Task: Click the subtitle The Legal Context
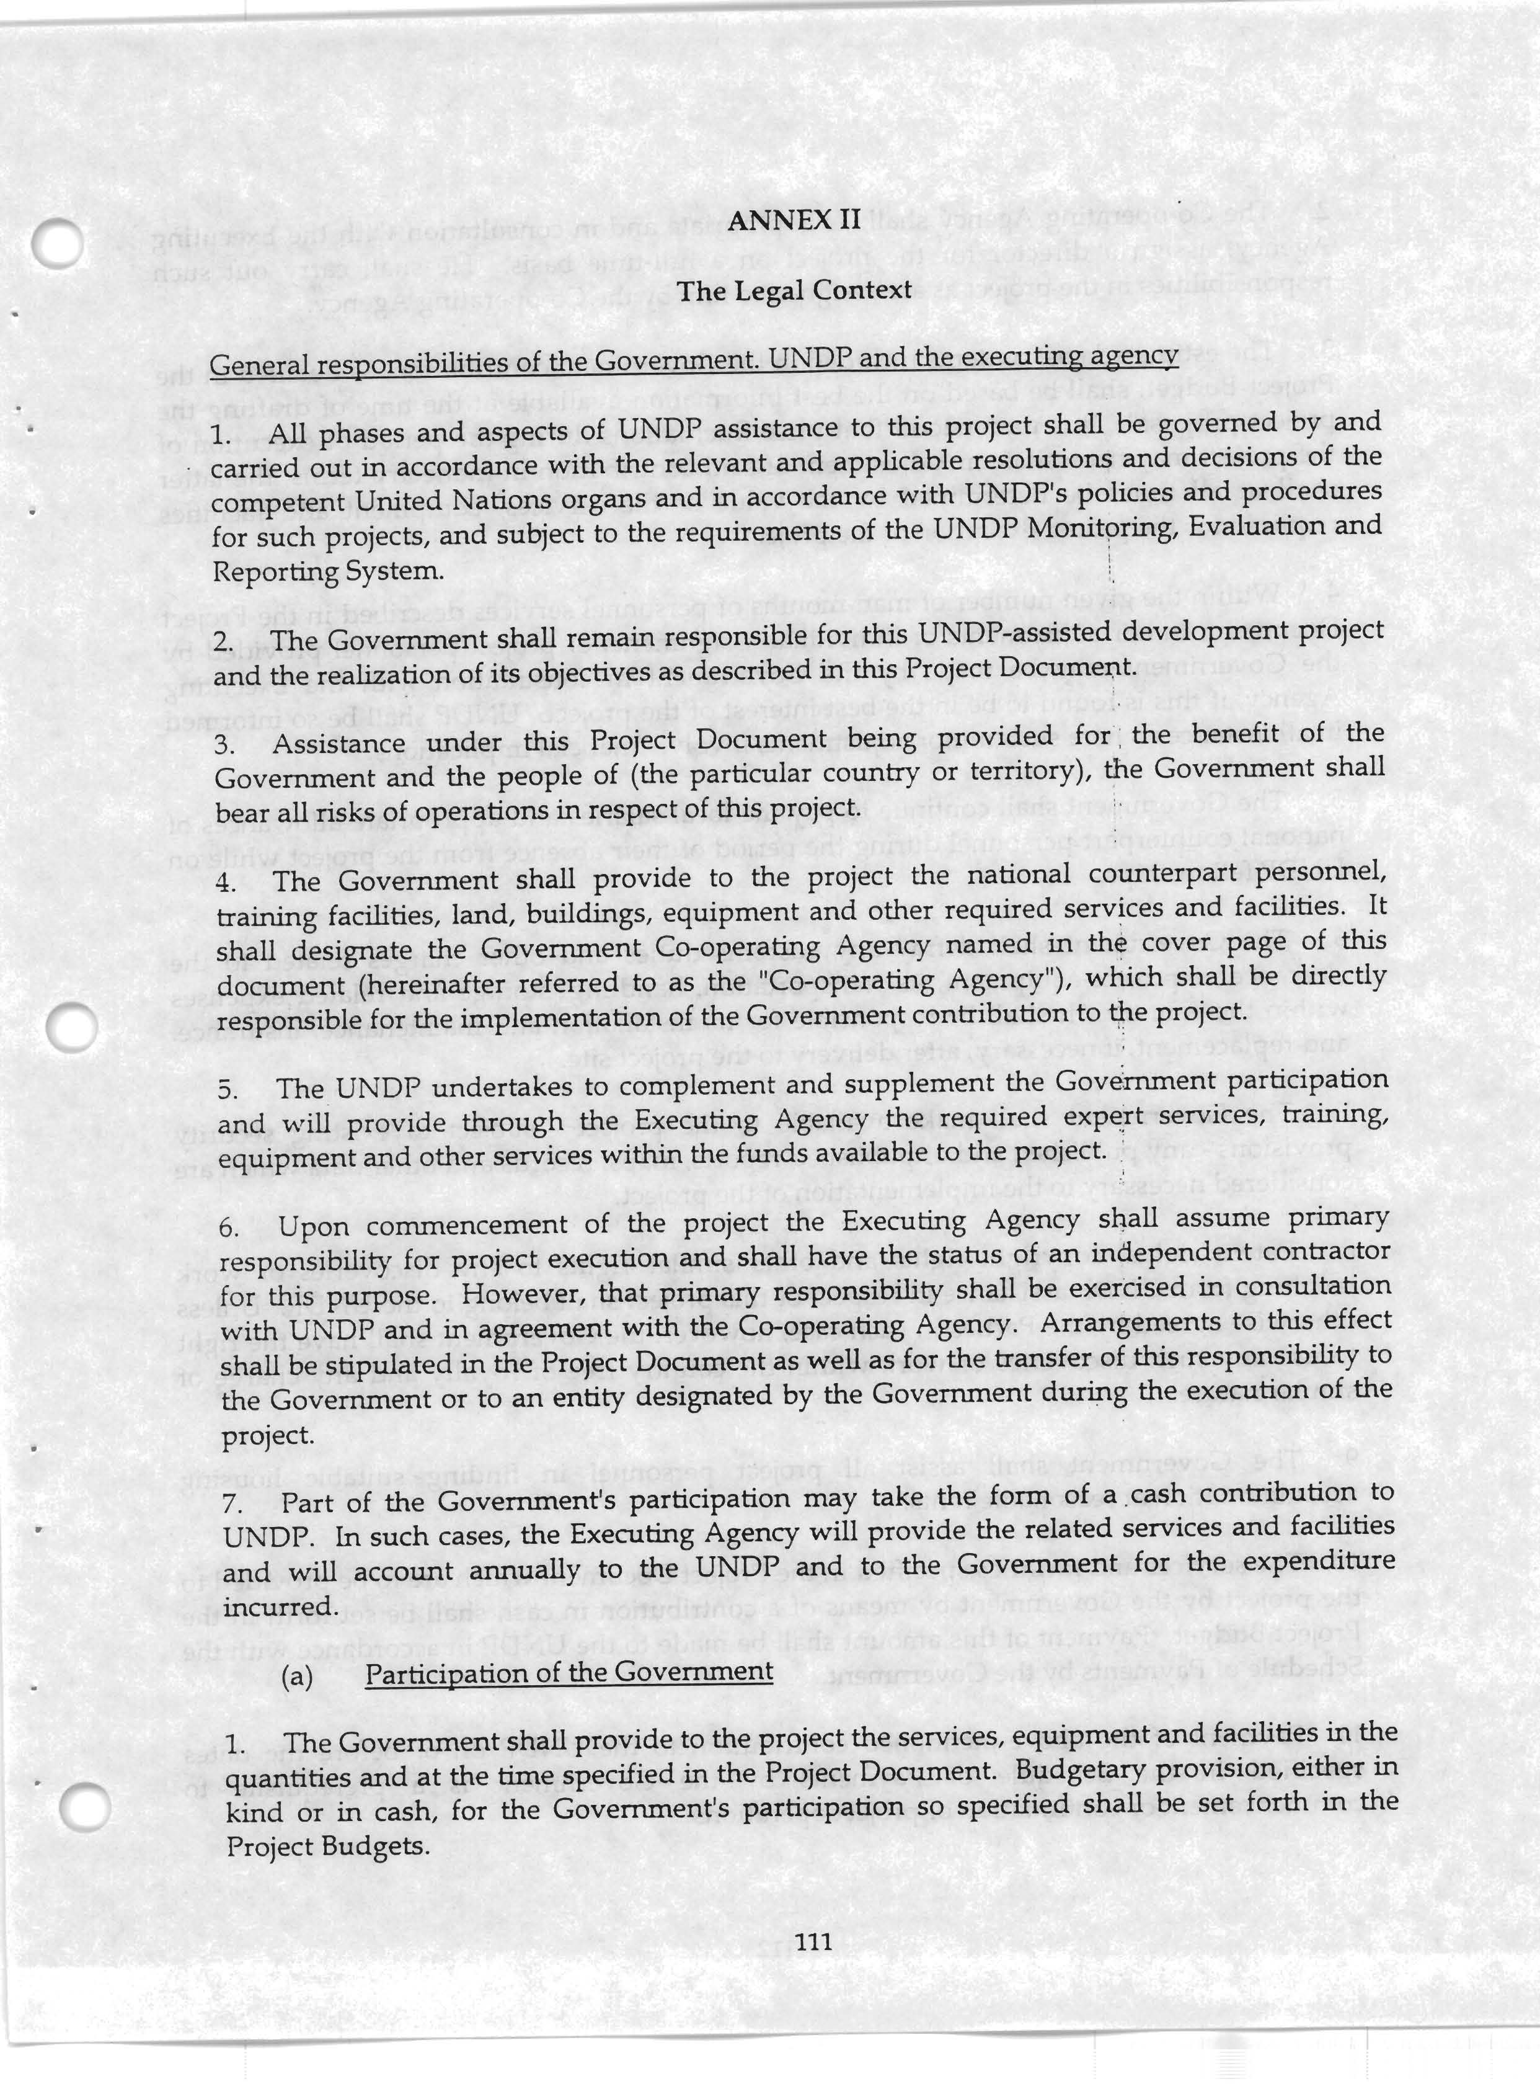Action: coord(794,291)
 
